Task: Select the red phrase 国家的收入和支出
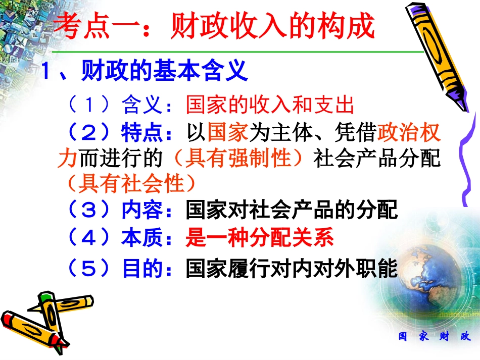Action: coord(270,106)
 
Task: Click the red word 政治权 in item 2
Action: coord(409,133)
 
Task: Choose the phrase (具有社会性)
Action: coord(126,184)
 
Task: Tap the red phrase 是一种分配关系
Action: coord(260,238)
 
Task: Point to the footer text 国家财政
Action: coord(435,337)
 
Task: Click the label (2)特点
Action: coord(114,133)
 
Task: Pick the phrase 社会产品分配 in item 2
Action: coord(377,159)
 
